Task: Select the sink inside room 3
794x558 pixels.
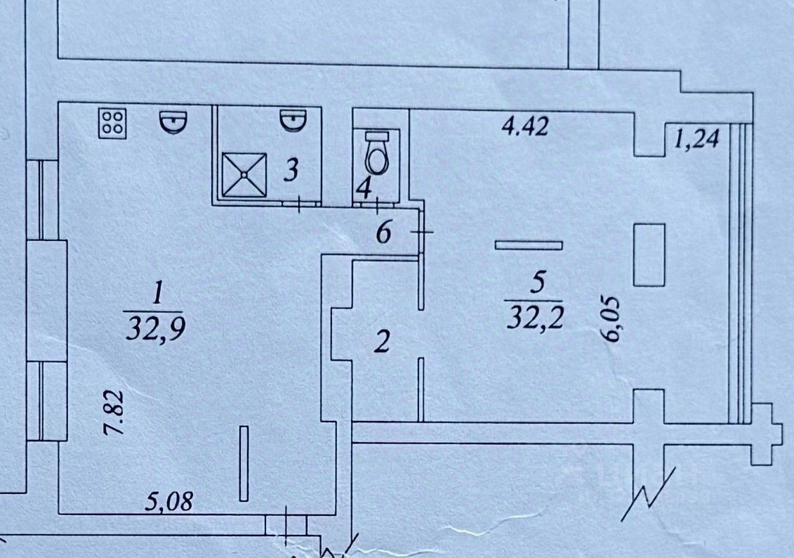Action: pyautogui.click(x=294, y=121)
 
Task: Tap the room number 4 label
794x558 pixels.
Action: pyautogui.click(x=363, y=188)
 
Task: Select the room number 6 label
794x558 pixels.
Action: pyautogui.click(x=383, y=233)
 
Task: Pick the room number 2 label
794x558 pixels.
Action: pyautogui.click(x=381, y=343)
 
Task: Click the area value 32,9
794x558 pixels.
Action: pyautogui.click(x=154, y=327)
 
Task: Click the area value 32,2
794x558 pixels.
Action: pyautogui.click(x=535, y=318)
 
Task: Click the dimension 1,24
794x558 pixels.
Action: pyautogui.click(x=697, y=139)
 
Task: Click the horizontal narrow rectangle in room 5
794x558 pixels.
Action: pyautogui.click(x=529, y=245)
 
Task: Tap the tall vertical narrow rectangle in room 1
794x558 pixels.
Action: pyautogui.click(x=243, y=463)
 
